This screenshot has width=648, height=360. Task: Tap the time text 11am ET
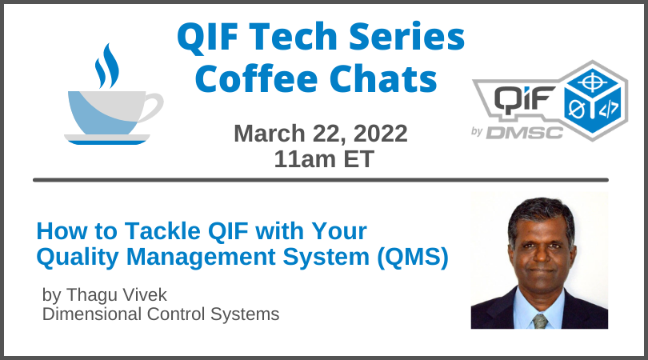click(323, 158)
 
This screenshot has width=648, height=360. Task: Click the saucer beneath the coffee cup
click(106, 140)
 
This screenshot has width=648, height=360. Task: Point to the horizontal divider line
click(320, 180)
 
